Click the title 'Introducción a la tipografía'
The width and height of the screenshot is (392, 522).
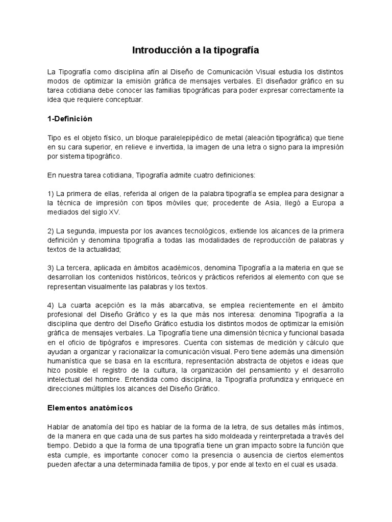[196, 50]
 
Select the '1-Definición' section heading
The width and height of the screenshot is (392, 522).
[69, 118]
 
